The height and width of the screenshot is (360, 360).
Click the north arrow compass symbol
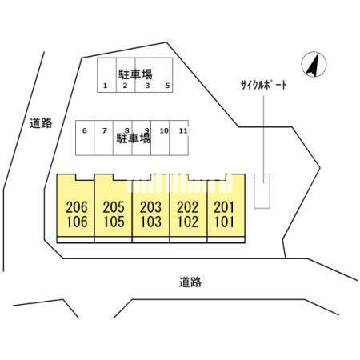[x=314, y=64]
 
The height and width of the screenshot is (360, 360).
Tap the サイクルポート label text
[x=264, y=86]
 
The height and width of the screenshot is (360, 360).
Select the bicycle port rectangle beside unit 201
[x=262, y=191]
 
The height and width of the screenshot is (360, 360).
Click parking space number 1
[x=106, y=86]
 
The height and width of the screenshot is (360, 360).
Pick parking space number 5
[x=167, y=86]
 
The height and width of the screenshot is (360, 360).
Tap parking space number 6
[x=85, y=130]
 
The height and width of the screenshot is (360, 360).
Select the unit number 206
[x=77, y=207]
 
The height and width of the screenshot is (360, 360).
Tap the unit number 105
[x=114, y=222]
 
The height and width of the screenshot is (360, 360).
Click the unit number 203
[x=150, y=207]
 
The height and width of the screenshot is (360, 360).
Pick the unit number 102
[x=188, y=222]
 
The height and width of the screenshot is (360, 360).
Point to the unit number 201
[x=224, y=207]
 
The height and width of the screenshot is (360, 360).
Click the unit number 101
[x=224, y=222]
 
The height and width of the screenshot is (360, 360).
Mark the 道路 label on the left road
[x=41, y=123]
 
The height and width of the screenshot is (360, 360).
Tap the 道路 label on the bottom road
[x=190, y=282]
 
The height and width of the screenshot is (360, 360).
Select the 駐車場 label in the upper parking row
[x=135, y=74]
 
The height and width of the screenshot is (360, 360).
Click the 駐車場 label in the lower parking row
[x=134, y=138]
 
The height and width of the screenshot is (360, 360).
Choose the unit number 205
[x=114, y=207]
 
